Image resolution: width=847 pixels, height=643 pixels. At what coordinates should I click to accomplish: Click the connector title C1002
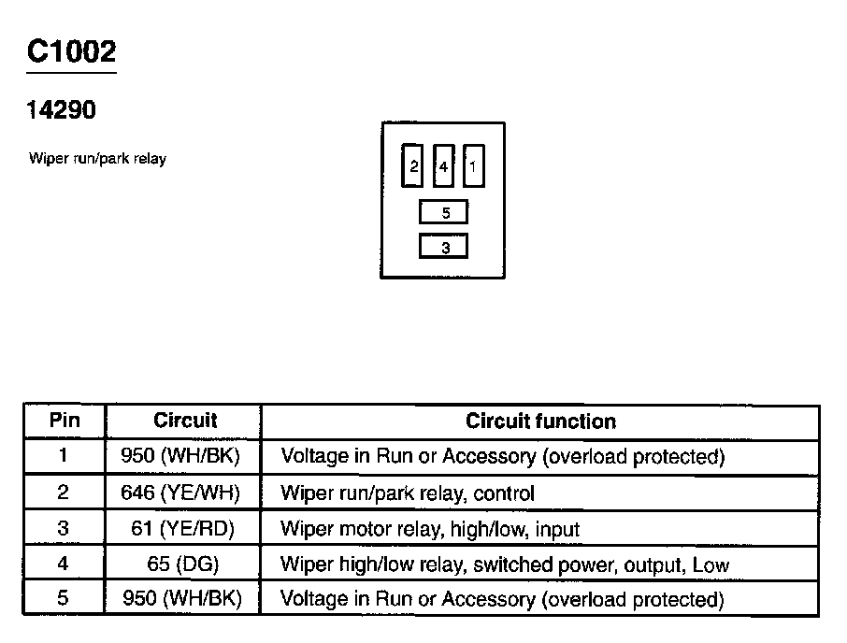pos(71,52)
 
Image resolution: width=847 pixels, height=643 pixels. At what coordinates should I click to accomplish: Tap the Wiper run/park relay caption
pos(97,159)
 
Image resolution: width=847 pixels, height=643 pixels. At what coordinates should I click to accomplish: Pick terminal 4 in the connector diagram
pos(444,167)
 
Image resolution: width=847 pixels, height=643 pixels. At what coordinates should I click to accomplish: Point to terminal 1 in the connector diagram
pos(473,167)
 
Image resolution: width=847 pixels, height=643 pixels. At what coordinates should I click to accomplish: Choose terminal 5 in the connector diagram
pos(445,213)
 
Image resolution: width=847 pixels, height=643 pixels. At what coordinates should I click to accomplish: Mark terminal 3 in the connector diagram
pos(445,248)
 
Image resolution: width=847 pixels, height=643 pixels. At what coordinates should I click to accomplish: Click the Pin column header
pos(64,422)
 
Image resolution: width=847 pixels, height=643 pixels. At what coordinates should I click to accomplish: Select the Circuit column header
pos(184,422)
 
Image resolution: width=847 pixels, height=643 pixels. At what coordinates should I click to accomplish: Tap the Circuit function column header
pos(540,422)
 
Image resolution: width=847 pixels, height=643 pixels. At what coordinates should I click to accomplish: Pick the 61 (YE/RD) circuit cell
pos(182,529)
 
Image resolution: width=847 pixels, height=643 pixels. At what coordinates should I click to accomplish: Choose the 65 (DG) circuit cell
pos(182,564)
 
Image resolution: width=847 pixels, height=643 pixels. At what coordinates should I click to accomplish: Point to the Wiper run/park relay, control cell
pos(408,493)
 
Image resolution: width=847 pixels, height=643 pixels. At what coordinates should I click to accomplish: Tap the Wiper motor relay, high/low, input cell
pos(430,529)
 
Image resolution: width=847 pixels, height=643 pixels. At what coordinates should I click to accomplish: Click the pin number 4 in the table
pos(64,564)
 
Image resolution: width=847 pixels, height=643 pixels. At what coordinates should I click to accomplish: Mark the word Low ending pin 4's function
pos(711,564)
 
